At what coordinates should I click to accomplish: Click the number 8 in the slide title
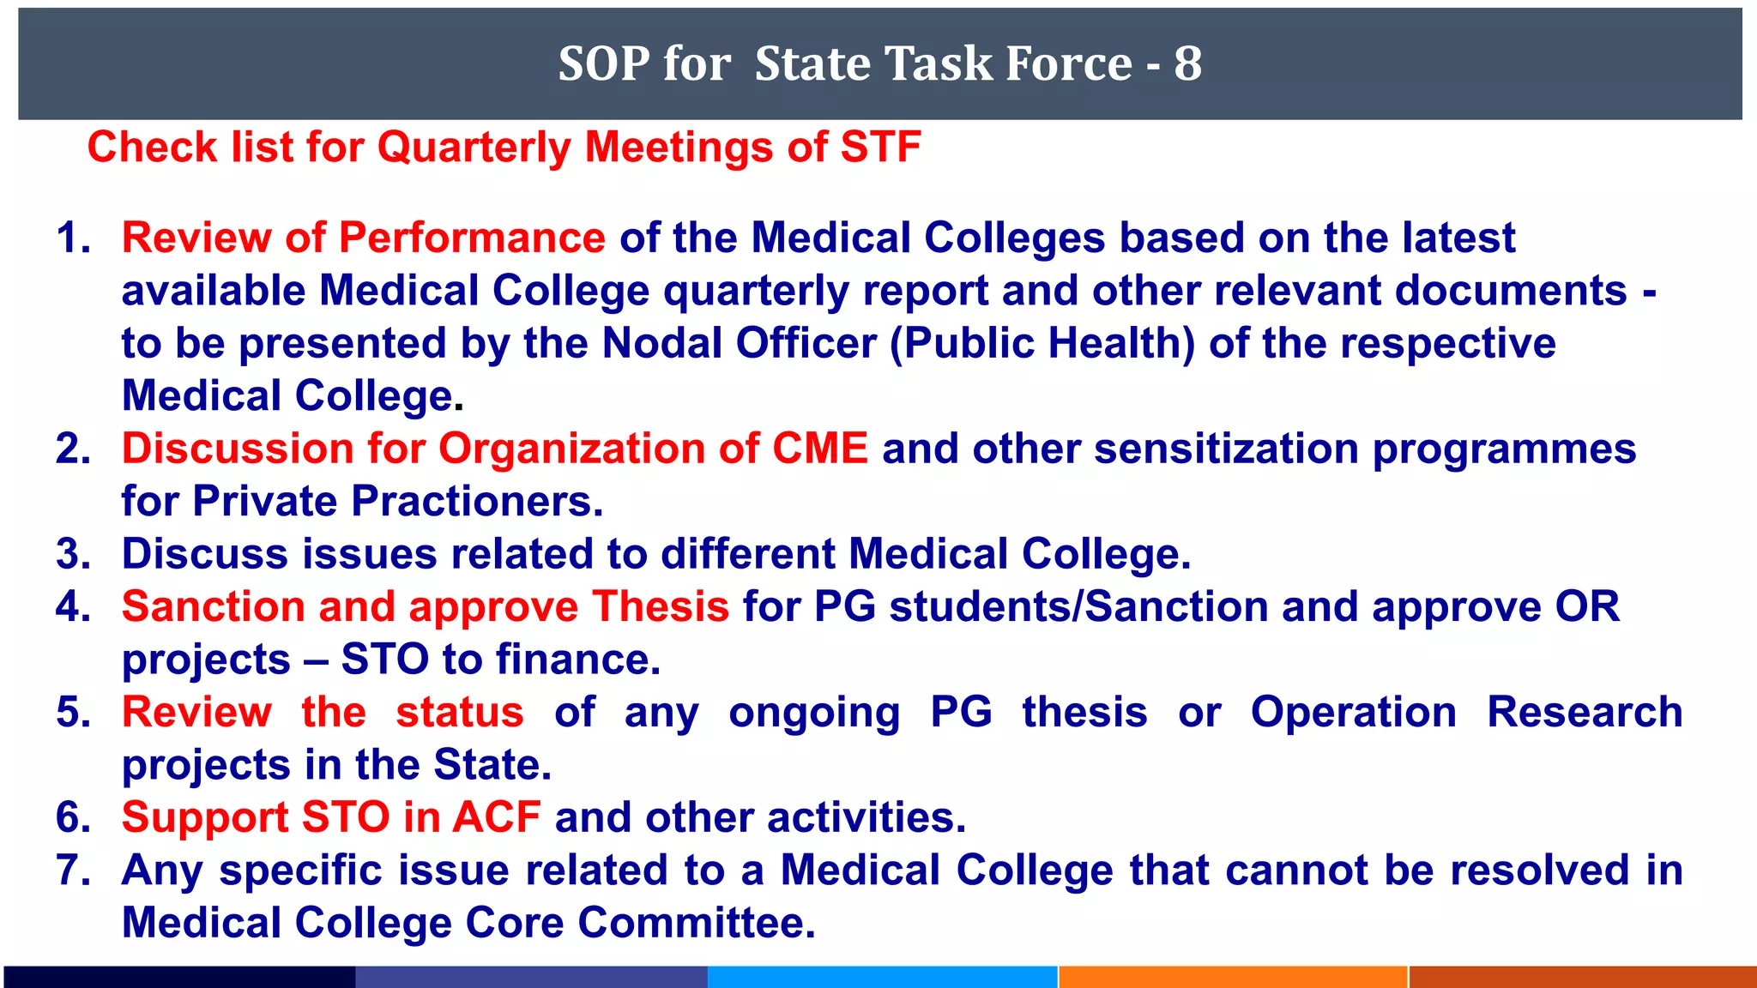pos(1187,63)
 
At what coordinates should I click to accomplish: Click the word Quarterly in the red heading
pos(474,148)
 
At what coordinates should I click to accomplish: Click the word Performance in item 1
pos(472,238)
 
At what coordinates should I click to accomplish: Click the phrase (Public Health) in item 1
pos(1042,343)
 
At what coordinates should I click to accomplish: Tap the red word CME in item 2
pos(820,449)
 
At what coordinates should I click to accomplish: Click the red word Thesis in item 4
pos(661,606)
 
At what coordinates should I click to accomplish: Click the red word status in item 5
pos(460,712)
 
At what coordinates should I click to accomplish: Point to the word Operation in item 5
pos(1353,712)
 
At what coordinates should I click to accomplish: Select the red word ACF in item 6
pos(496,817)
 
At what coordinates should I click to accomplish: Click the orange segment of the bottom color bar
pos(1232,977)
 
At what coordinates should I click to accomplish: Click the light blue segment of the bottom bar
pos(882,977)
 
